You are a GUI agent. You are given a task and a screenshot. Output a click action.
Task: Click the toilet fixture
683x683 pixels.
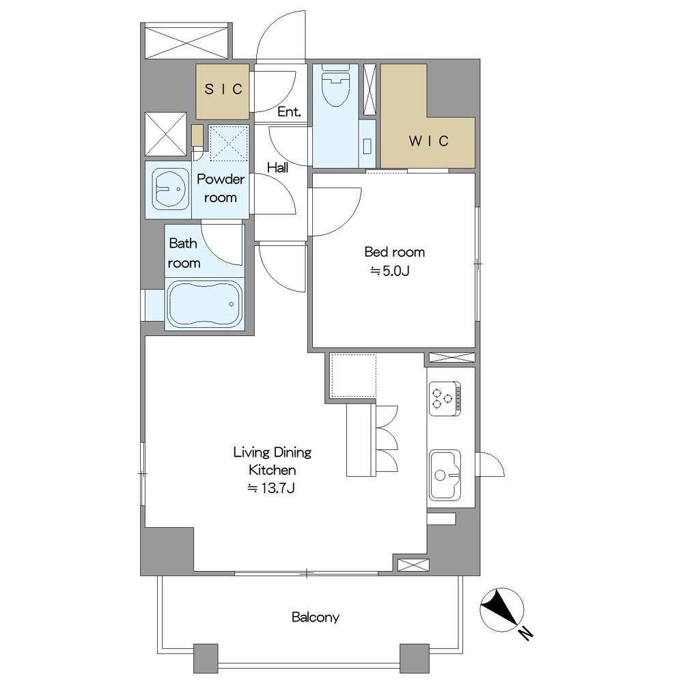coord(335,85)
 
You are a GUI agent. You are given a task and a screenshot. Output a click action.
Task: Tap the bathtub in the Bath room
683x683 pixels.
coord(204,305)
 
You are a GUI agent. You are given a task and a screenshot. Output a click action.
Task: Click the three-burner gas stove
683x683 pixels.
coord(445,399)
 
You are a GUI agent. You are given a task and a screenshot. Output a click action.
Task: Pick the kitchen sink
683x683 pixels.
coord(445,475)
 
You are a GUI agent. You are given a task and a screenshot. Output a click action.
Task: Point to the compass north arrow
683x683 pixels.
coord(501,610)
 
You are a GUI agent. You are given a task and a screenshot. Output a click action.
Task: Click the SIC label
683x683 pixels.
coord(223,89)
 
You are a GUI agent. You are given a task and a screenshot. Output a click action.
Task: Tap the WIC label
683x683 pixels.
coord(429,141)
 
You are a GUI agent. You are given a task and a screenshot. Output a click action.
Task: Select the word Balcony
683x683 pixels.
coord(316,617)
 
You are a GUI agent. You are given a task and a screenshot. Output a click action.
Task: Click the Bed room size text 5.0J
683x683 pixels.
coord(390,271)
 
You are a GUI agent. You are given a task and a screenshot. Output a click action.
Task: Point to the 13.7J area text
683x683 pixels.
coord(271,488)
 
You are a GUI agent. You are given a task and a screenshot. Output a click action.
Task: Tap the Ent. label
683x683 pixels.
coord(289,112)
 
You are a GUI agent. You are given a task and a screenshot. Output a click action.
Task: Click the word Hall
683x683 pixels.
coord(277,167)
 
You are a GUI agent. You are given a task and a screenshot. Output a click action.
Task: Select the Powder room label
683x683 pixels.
coord(221,189)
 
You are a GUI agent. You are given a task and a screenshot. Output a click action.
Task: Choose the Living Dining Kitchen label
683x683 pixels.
coord(273,461)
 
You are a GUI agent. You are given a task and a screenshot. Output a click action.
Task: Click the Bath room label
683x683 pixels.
coord(184,253)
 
